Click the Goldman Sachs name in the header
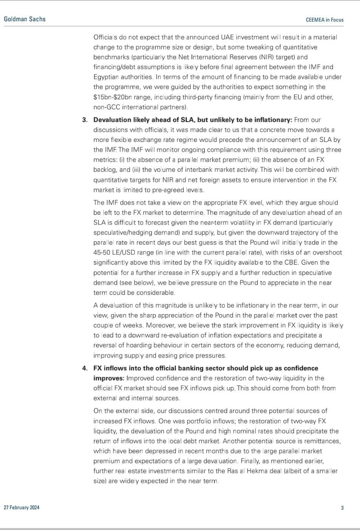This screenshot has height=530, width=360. coord(25,19)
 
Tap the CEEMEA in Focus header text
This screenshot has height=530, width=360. coord(324,20)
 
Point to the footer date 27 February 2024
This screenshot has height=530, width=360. coord(22,507)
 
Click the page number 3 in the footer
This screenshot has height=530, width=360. coord(342,508)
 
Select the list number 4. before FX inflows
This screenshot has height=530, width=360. coord(85,368)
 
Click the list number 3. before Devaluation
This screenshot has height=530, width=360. coord(85,120)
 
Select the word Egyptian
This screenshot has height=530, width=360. coord(106,77)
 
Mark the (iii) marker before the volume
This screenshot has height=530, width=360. coord(136,170)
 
